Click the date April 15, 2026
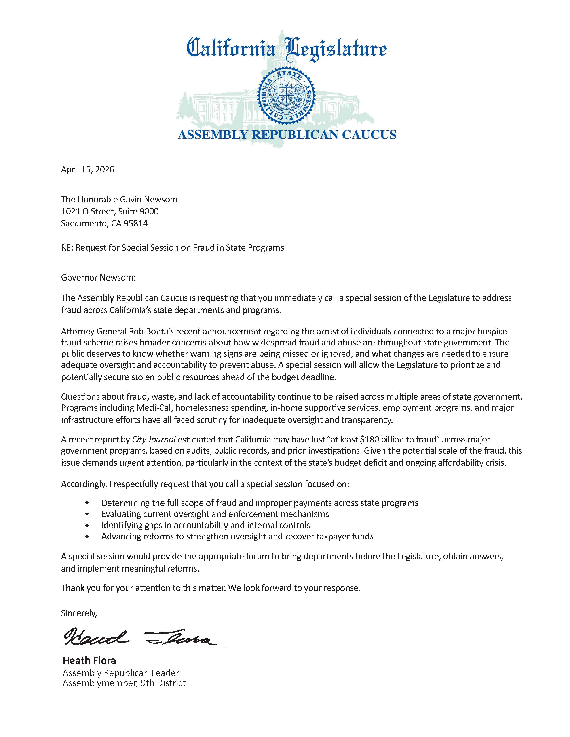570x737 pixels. (87, 170)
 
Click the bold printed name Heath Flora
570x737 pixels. (89, 660)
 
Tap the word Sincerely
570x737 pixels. (79, 613)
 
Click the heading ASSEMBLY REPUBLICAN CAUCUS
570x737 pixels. (287, 135)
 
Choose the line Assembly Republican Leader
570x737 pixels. (121, 673)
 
